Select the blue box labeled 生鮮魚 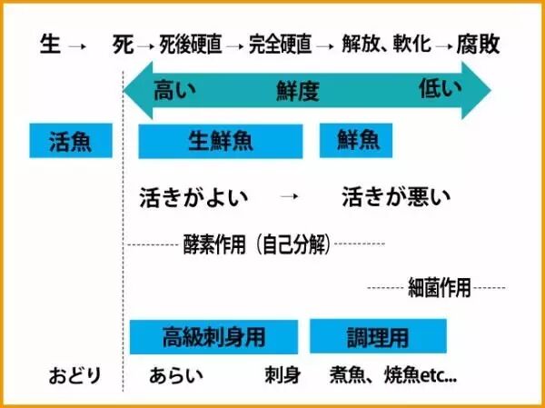pos(220,142)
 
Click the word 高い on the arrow pos(174,89)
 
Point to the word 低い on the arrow pos(441,88)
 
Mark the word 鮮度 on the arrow pos(299,90)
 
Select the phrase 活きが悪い pos(396,196)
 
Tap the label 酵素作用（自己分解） pos(255,244)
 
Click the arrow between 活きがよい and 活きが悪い pos(290,196)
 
